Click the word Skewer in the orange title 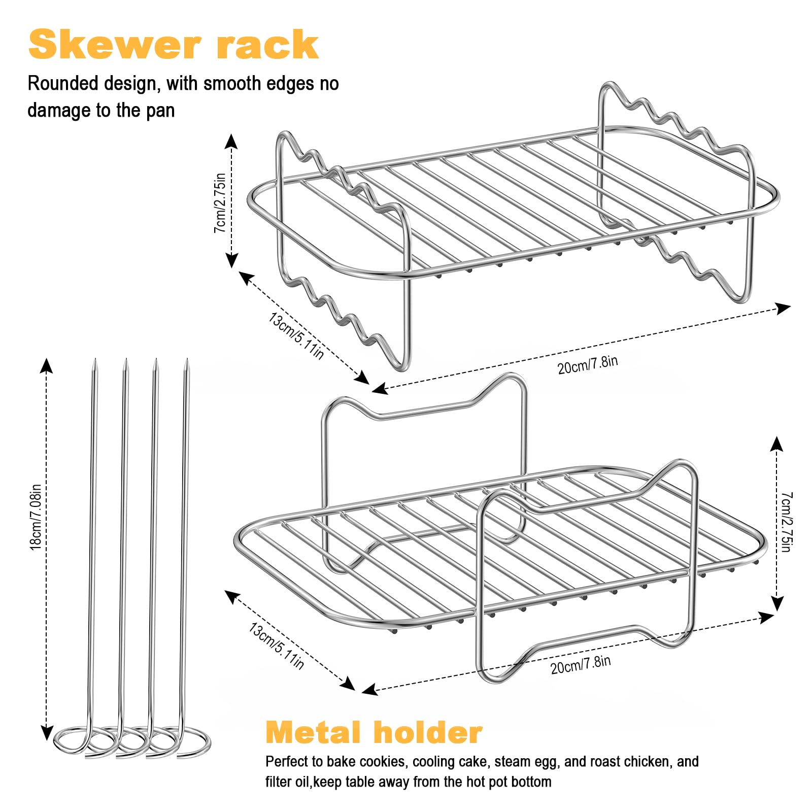115,45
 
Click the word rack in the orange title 267,45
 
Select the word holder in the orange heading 428,732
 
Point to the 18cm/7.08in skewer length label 36,517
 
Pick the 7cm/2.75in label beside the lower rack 786,522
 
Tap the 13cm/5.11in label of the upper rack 296,336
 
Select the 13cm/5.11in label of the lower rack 276,646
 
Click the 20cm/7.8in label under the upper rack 588,365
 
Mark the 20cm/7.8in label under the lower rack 581,665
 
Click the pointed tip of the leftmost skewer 95,360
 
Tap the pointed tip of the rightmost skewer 187,360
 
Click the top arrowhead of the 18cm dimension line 47,364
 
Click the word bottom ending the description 531,782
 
